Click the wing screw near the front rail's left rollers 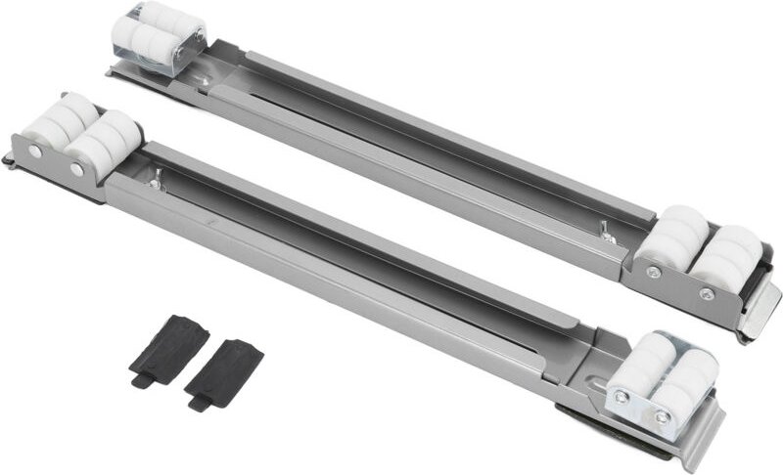158,177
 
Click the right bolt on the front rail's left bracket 77,169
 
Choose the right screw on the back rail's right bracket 706,292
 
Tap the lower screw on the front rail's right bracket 663,417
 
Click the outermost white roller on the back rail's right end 731,253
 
